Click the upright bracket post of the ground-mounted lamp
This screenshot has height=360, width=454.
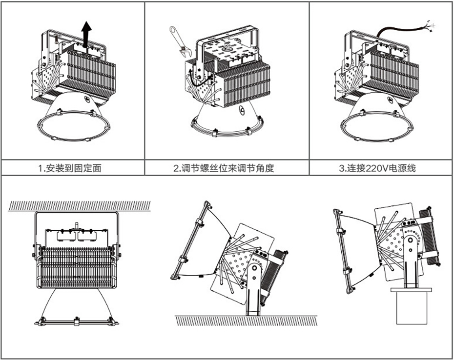(254, 293)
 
